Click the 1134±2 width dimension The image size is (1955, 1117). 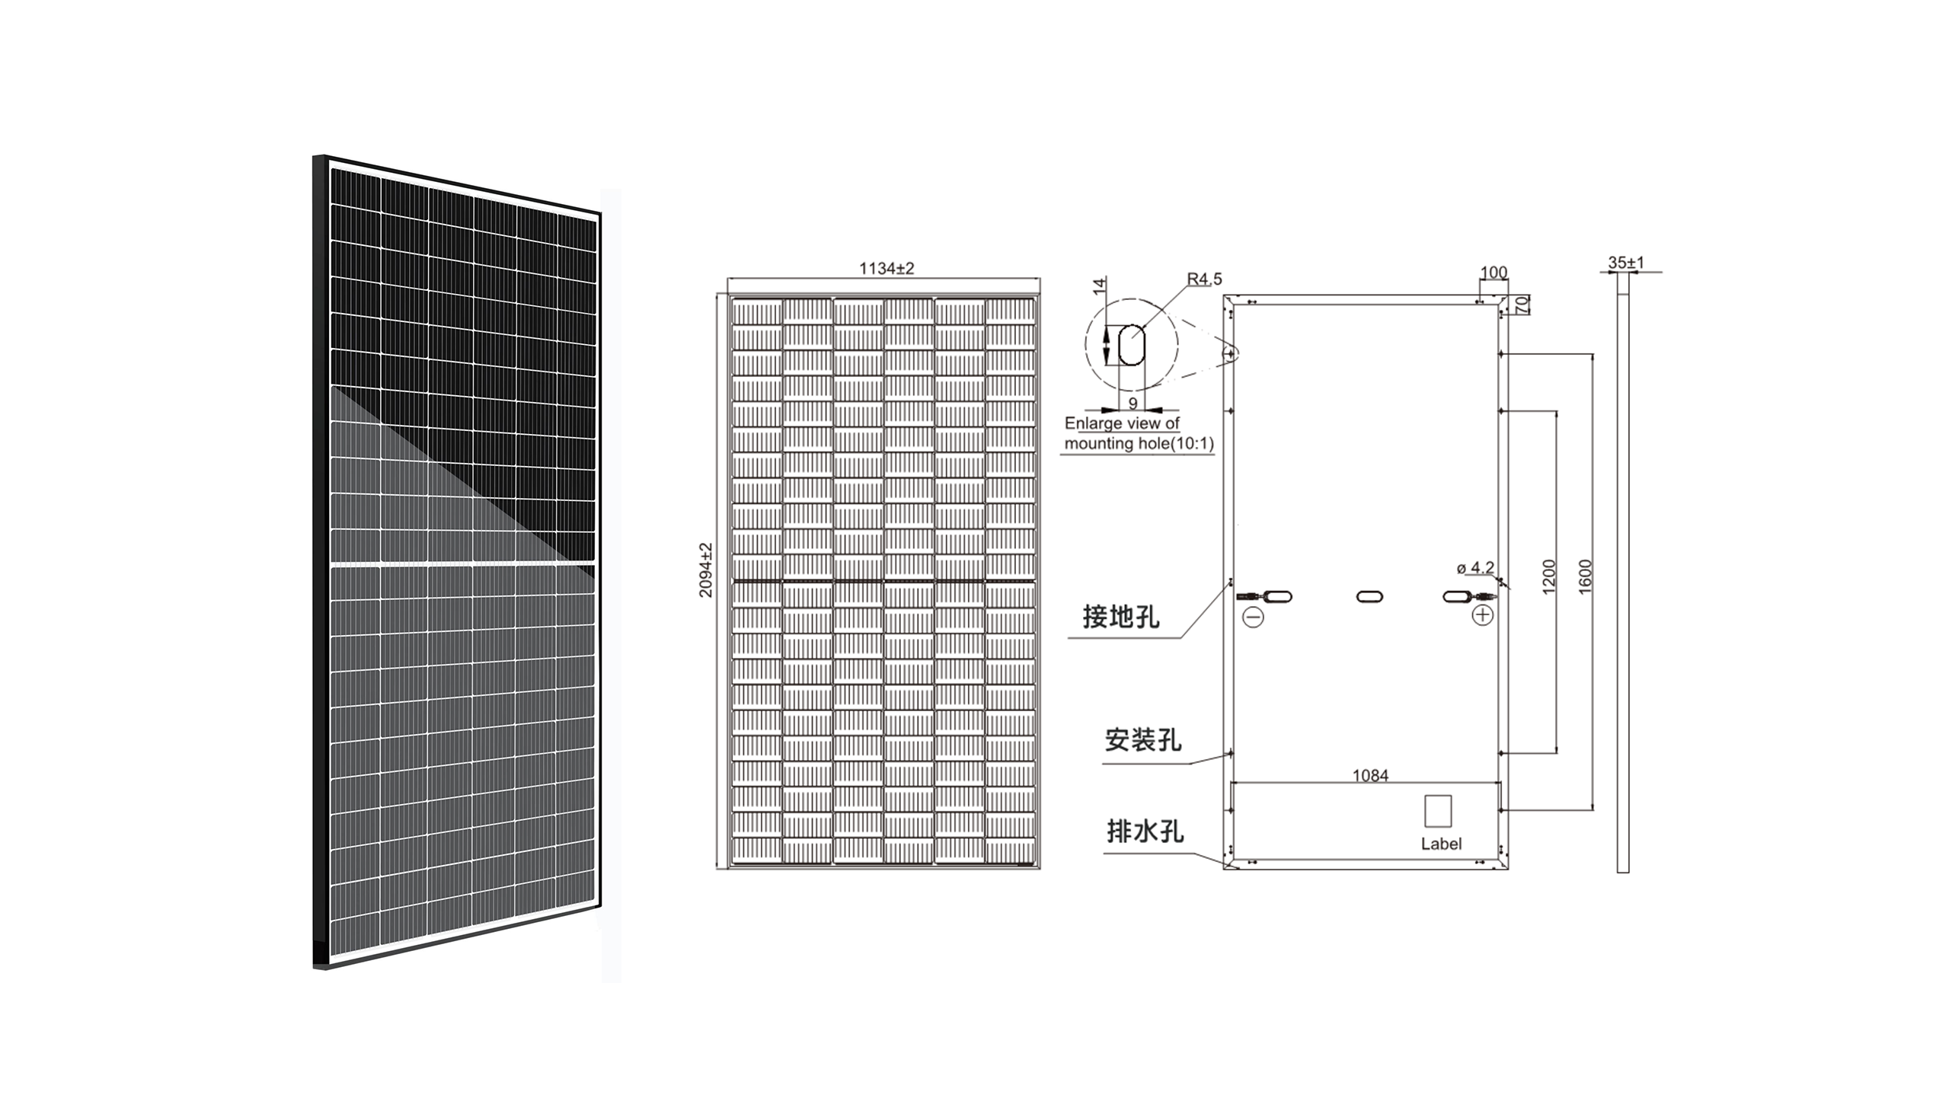886,269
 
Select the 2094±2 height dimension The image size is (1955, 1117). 706,570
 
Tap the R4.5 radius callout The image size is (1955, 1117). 1205,279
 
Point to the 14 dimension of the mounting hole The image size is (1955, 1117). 1100,287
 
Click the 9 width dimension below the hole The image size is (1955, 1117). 1133,403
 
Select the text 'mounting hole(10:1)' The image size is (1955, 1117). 1139,443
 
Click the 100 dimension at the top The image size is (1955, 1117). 1493,273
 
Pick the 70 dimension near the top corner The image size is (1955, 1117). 1522,305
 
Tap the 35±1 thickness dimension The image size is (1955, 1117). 1626,263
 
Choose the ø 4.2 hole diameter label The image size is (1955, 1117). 1475,568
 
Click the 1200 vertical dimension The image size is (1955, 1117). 1548,576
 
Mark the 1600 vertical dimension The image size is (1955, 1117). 1585,576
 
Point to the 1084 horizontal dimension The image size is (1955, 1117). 1370,776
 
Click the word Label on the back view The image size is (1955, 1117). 1441,844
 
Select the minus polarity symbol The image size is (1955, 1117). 1253,616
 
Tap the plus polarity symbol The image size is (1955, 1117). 1482,614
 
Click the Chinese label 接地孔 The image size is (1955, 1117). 1121,617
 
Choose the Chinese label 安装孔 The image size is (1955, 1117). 1143,739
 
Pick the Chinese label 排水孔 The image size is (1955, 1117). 1145,831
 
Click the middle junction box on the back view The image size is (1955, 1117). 1369,596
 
